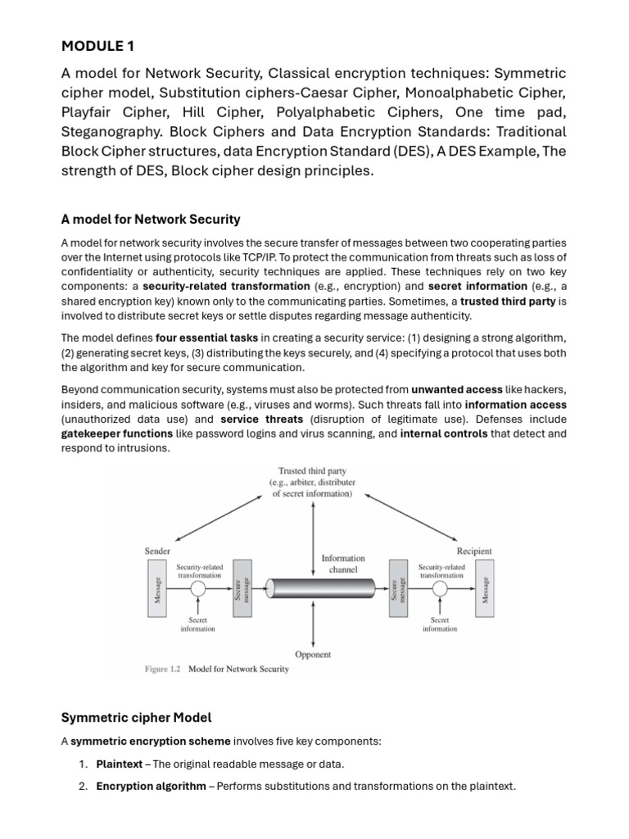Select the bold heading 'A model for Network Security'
coord(151,219)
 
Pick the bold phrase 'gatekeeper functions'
coord(117,433)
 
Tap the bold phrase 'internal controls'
coord(443,433)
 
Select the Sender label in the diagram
coord(157,551)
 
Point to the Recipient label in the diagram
coord(474,551)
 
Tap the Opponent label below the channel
coord(313,655)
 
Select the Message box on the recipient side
coord(485,591)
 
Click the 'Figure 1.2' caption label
coord(163,669)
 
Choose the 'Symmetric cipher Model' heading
coord(136,718)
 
